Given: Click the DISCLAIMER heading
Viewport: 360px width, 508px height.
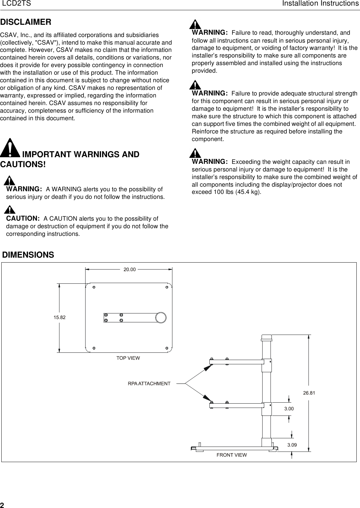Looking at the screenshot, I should coord(26,22).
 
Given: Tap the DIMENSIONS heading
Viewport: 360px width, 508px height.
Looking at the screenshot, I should coord(28,255).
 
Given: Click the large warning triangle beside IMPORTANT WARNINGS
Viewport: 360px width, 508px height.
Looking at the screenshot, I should coord(11,148).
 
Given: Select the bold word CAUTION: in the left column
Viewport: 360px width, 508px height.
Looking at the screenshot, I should coord(23,219).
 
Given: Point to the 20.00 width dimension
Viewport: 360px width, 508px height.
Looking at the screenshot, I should coord(129,269).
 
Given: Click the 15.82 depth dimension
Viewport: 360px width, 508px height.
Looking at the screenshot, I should coord(59,317).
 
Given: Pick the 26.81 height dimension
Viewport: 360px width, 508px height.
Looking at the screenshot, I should coord(309,393).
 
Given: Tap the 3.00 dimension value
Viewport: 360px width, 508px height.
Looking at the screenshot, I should coord(289,409).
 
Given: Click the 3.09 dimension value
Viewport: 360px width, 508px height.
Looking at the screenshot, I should coord(292,445).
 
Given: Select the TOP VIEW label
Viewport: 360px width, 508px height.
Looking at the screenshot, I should coord(128,358).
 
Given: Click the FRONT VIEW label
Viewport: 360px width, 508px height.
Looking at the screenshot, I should coord(232,455).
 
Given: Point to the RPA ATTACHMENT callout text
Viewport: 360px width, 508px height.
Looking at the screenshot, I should coord(149,383).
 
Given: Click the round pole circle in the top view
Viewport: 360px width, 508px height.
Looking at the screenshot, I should coord(161,317).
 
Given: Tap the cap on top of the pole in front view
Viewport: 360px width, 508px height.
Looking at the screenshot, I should coord(266,338).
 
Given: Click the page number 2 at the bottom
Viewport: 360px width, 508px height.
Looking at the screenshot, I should coord(2,505).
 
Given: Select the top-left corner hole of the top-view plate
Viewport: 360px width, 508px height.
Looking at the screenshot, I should coord(94,287).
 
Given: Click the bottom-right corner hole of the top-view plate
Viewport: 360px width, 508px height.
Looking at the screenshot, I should coord(167,348).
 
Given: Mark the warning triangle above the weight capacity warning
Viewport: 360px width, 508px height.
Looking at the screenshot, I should coord(196,153).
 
